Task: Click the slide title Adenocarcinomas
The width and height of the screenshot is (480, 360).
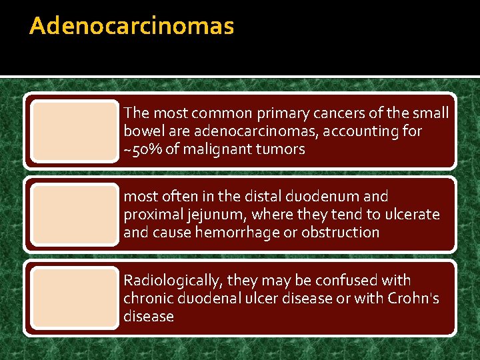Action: click(x=132, y=27)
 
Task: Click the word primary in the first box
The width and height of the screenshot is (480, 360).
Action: click(x=295, y=114)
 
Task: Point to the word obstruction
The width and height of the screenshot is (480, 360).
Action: click(x=341, y=233)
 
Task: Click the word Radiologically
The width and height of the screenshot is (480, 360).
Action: click(x=171, y=281)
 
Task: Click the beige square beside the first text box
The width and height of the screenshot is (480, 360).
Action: click(x=74, y=131)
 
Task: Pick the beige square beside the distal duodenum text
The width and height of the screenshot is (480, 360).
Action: click(x=74, y=214)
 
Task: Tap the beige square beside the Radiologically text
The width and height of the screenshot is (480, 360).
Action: click(x=74, y=298)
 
